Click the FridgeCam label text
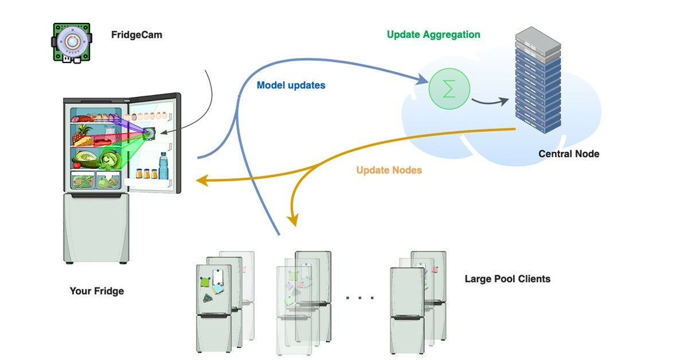click(136, 35)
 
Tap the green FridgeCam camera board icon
click(72, 42)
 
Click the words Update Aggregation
click(433, 34)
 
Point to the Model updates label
click(291, 85)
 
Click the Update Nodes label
click(389, 170)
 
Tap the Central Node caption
click(569, 154)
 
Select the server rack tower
click(537, 80)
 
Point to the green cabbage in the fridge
click(108, 159)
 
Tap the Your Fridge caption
click(96, 291)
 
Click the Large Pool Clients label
click(507, 279)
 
